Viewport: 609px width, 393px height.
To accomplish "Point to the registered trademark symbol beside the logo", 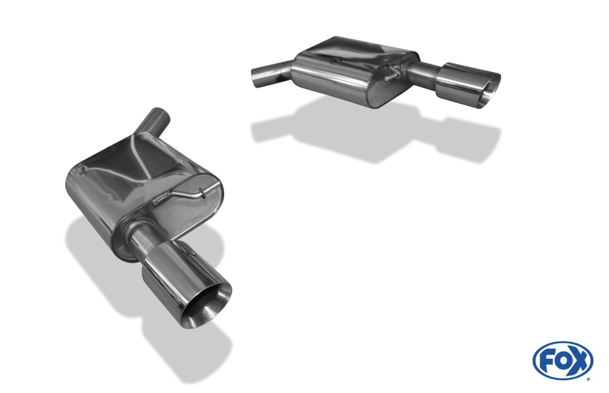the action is [589, 379].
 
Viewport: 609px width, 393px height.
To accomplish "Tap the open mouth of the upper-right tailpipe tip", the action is [490, 90].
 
